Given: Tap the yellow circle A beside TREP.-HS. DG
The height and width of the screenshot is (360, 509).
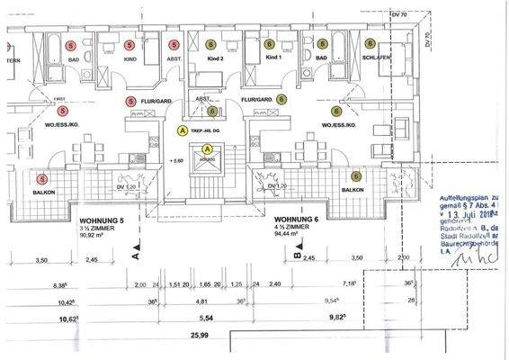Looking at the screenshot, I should pyautogui.click(x=183, y=130).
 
